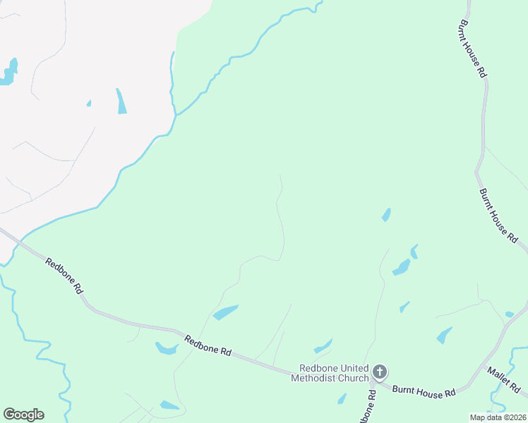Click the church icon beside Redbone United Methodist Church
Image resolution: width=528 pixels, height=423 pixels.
tap(380, 372)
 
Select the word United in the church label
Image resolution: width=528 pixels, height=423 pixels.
tap(354, 368)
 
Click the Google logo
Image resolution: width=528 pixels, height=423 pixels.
tap(23, 415)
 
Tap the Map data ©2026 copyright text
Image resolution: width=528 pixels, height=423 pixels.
tap(498, 417)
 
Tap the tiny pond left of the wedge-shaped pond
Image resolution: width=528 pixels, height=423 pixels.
tap(89, 103)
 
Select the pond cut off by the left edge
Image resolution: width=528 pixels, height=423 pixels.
tap(8, 73)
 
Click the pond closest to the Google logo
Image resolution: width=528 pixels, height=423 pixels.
tap(169, 405)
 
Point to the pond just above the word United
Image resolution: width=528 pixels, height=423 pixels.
tap(323, 346)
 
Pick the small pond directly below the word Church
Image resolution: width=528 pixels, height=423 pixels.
tap(342, 398)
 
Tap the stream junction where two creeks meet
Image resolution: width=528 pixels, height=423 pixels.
tap(174, 114)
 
